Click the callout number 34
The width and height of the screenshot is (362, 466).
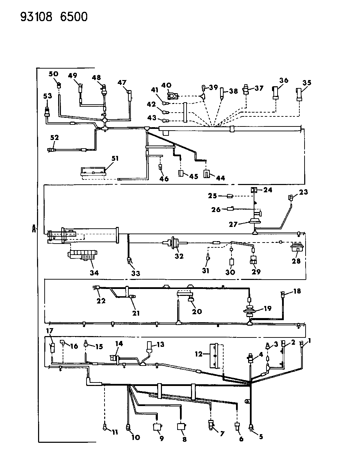tap(94, 273)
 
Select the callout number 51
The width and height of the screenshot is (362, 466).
tap(115, 158)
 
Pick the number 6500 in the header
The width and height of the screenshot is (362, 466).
tap(74, 17)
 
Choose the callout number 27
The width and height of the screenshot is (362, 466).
tap(233, 225)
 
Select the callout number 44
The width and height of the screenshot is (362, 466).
tap(220, 178)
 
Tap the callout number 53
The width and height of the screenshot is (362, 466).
tap(47, 96)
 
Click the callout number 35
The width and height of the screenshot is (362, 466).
tap(307, 82)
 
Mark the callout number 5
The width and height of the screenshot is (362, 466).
tap(261, 437)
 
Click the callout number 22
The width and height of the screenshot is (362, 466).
tap(101, 301)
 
